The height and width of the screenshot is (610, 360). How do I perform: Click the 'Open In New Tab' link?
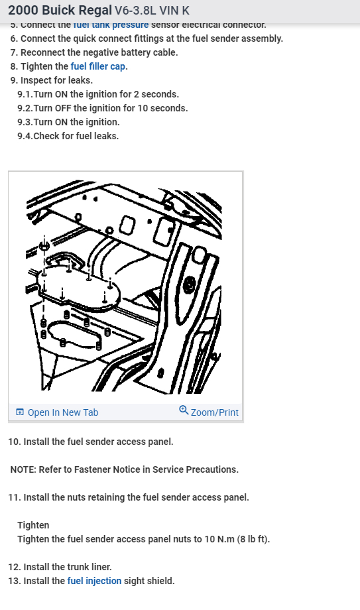pos(62,412)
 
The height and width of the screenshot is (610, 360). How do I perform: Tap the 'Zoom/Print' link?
pos(214,412)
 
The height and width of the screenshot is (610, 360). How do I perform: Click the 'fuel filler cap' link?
pos(99,66)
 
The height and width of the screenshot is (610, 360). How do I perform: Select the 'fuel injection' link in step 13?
pos(94,581)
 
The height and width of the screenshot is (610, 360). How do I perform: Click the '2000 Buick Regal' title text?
pos(60,11)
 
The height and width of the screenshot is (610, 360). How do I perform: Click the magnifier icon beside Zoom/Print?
pos(184,411)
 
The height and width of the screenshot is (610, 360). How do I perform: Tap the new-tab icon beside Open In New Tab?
pos(20,412)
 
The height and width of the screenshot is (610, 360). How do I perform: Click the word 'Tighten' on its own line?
pos(33,525)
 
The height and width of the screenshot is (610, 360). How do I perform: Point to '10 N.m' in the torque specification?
pos(209,539)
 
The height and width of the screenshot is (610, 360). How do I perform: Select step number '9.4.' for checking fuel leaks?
pos(25,136)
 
